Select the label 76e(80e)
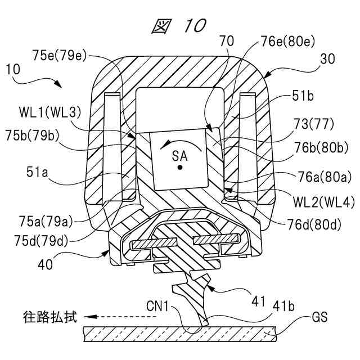point(288,41)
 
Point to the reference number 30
point(327,59)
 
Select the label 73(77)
point(309,124)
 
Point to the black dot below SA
point(180,168)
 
